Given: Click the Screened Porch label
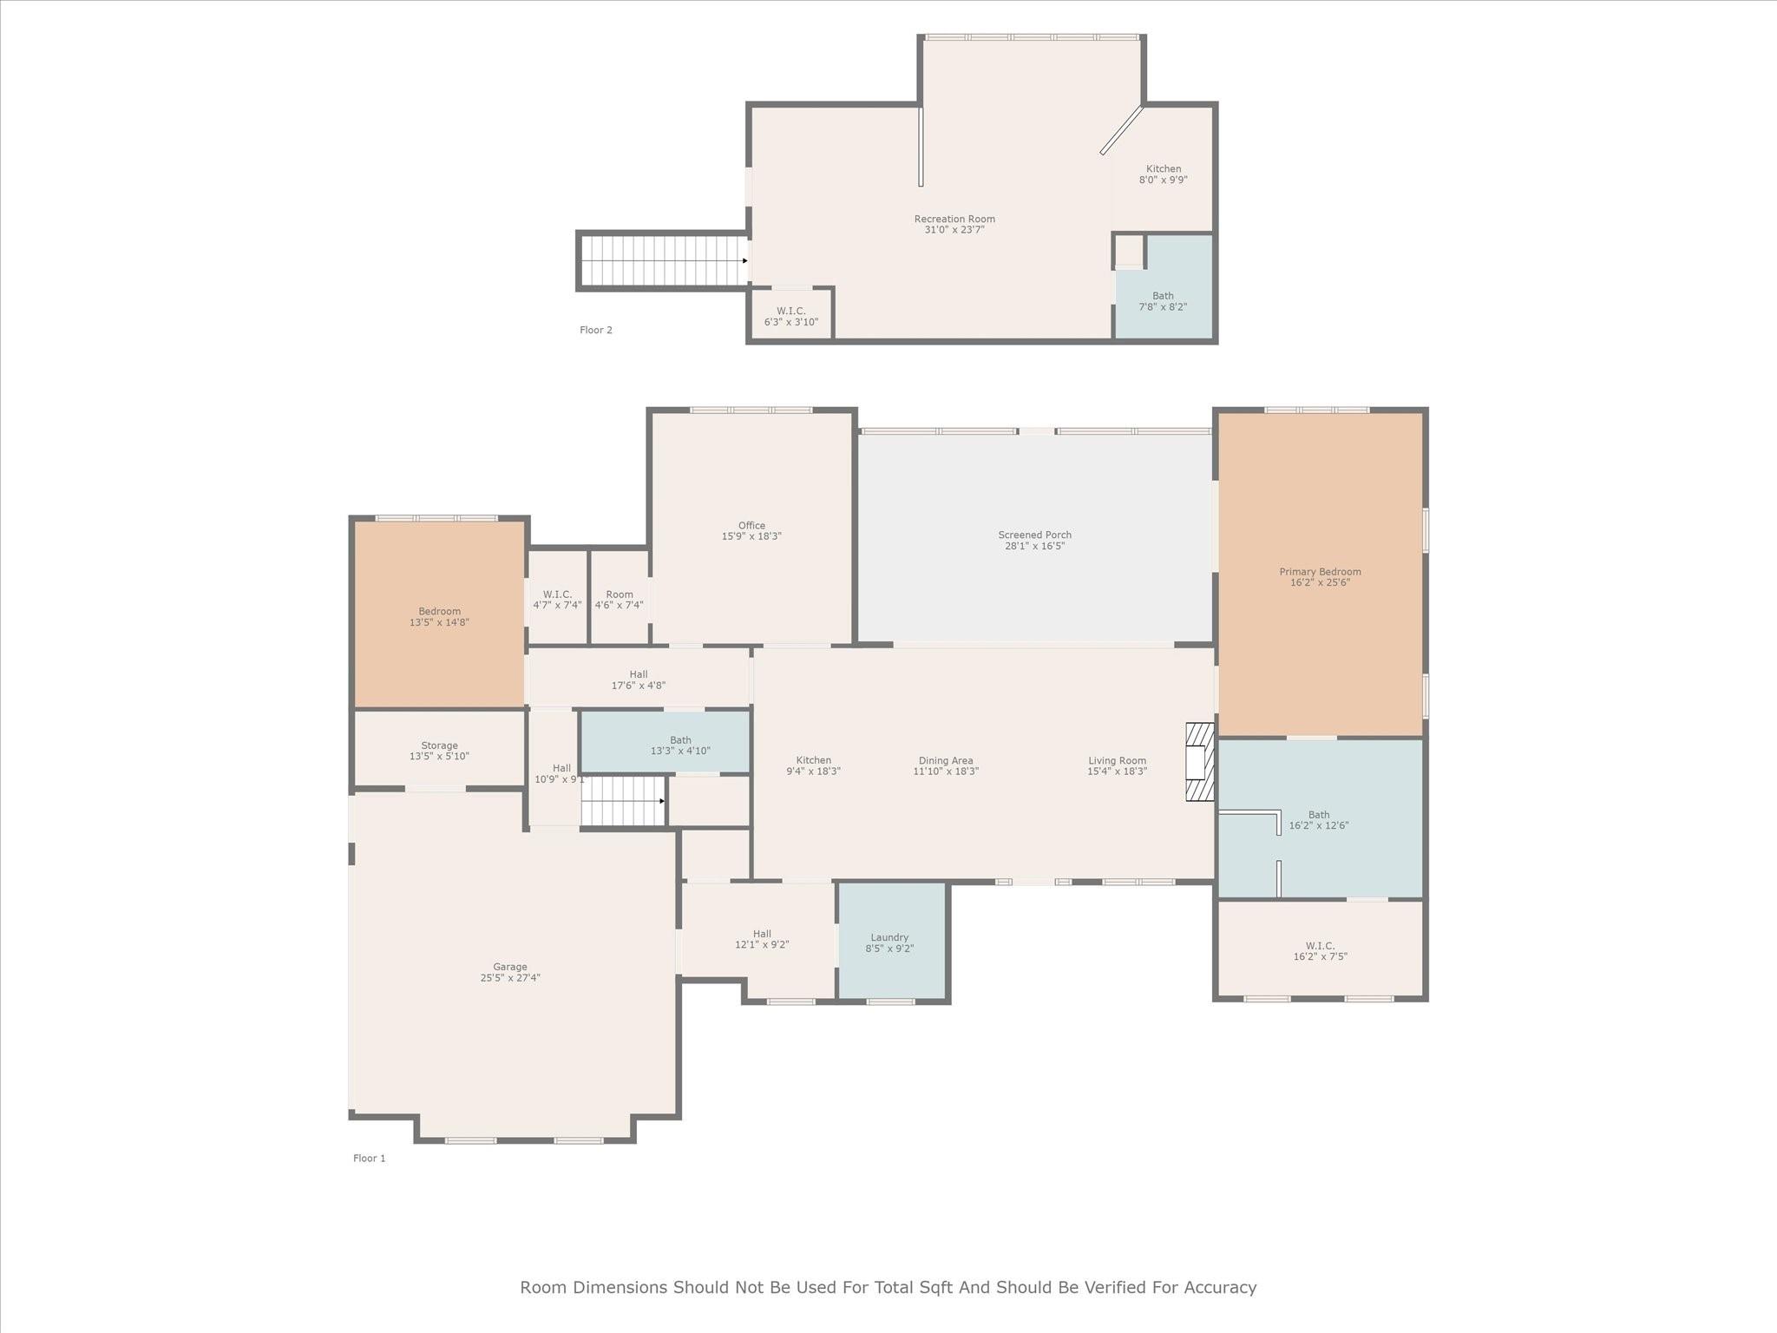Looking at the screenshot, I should click(1034, 535).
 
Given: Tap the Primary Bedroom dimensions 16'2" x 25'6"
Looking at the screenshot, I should click(1320, 583).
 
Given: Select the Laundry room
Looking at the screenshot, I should click(889, 942).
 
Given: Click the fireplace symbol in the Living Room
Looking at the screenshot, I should click(1199, 762).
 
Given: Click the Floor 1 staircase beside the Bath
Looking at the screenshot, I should click(622, 801).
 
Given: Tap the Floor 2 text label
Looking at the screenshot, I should click(596, 330).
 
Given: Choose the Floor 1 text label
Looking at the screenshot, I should click(369, 1158).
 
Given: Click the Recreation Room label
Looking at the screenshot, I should click(954, 220).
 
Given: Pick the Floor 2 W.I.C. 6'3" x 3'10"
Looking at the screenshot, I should click(790, 317).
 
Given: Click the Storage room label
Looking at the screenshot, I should click(439, 745).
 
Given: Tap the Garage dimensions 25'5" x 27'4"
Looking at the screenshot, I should click(510, 978).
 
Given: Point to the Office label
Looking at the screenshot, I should click(751, 526).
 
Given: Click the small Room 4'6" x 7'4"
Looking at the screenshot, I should click(619, 600).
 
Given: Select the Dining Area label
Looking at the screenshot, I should click(945, 761).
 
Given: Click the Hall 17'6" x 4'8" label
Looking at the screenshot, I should click(638, 674).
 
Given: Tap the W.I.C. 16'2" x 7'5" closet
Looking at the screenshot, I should click(1320, 951).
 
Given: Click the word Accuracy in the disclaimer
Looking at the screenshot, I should click(1218, 1287).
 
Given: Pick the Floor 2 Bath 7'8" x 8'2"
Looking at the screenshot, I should click(1163, 301).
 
